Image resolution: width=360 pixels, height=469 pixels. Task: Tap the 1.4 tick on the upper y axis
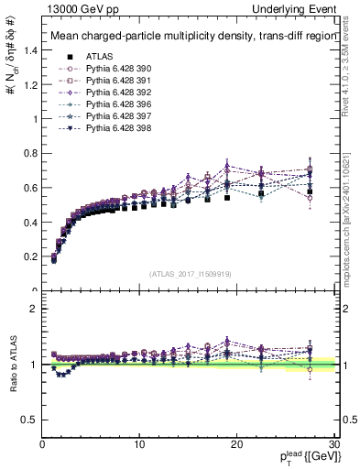coord(31,50)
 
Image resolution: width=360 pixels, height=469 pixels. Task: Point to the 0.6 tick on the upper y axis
coord(31,188)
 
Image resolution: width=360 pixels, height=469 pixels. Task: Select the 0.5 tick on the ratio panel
coord(31,420)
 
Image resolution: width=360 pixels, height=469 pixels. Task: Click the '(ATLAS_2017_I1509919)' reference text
coord(190,273)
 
